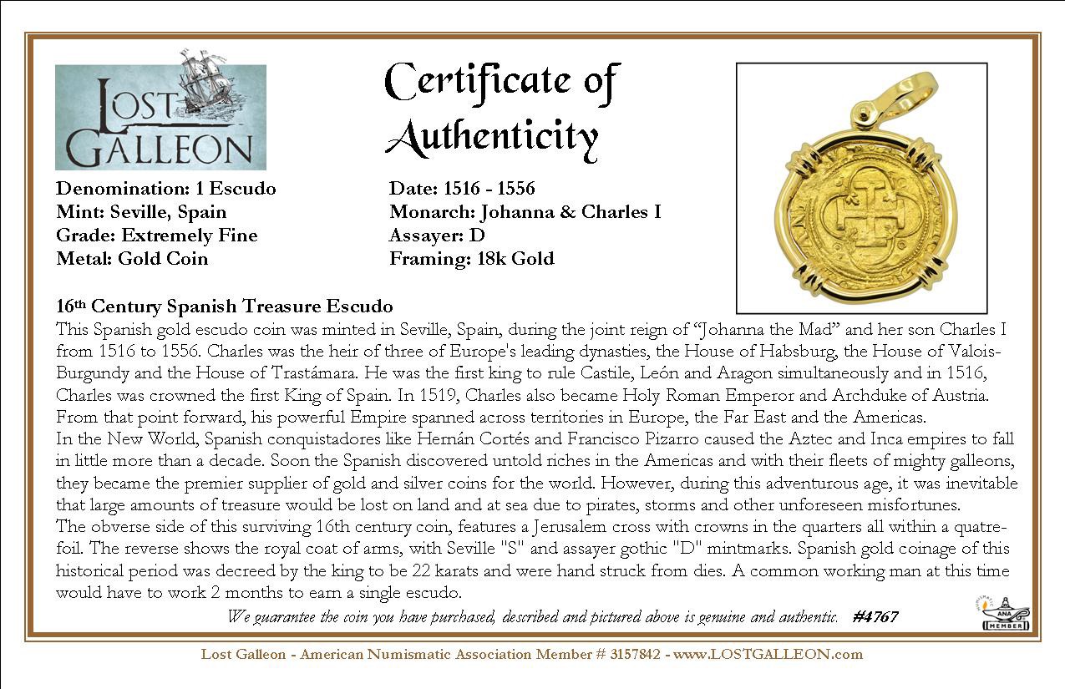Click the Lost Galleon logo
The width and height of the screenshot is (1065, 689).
pyautogui.click(x=160, y=117)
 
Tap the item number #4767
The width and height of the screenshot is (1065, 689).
pyautogui.click(x=875, y=617)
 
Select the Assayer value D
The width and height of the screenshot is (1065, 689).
pyautogui.click(x=478, y=236)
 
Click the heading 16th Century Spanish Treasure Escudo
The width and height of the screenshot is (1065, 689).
pyautogui.click(x=224, y=306)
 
